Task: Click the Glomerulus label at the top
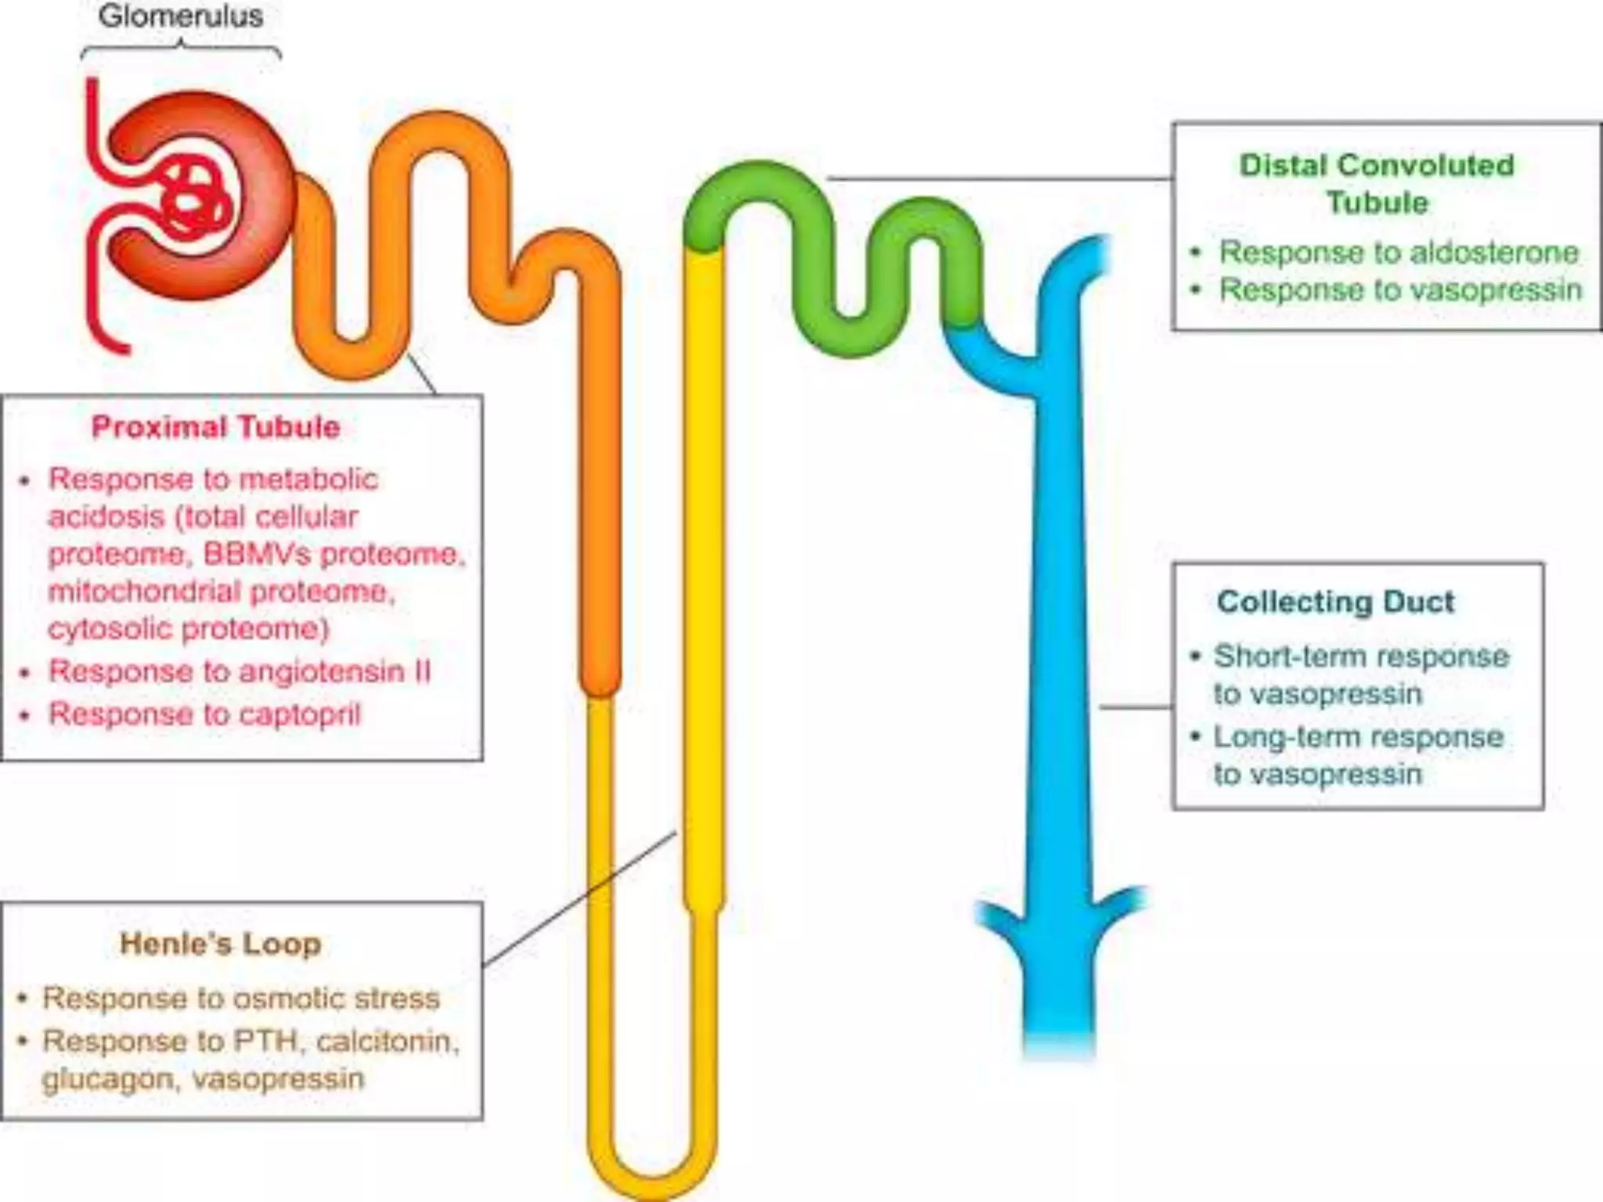pyautogui.click(x=181, y=16)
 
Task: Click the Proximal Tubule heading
pyautogui.click(x=216, y=427)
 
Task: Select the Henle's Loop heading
pyautogui.click(x=221, y=944)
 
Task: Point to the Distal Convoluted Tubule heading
pyautogui.click(x=1378, y=184)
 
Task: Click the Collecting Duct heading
pyautogui.click(x=1335, y=602)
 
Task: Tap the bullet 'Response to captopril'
pyautogui.click(x=204, y=714)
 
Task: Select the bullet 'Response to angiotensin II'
pyautogui.click(x=239, y=671)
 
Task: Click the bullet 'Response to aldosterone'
pyautogui.click(x=1399, y=252)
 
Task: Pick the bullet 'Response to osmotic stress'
pyautogui.click(x=241, y=998)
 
